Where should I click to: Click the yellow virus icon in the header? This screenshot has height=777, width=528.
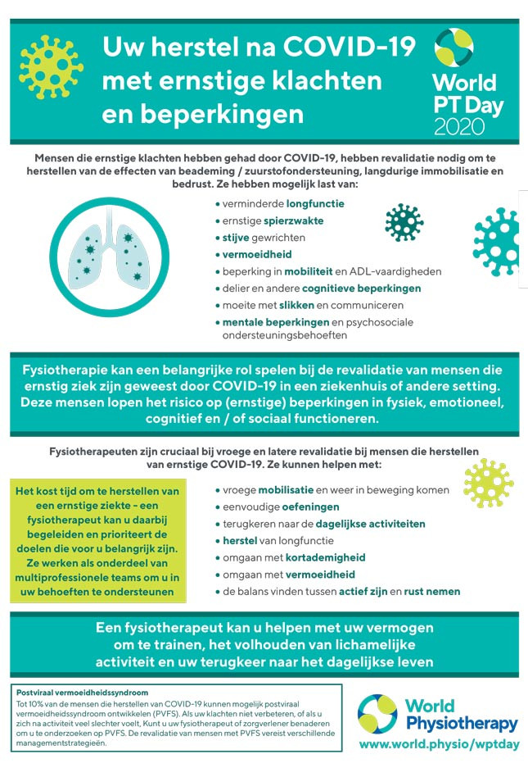52,66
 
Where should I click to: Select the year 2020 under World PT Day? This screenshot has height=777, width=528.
459,125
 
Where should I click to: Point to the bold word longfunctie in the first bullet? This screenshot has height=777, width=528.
315,203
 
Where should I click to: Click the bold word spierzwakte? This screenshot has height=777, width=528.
293,220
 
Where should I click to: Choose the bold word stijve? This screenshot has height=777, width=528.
237,238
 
